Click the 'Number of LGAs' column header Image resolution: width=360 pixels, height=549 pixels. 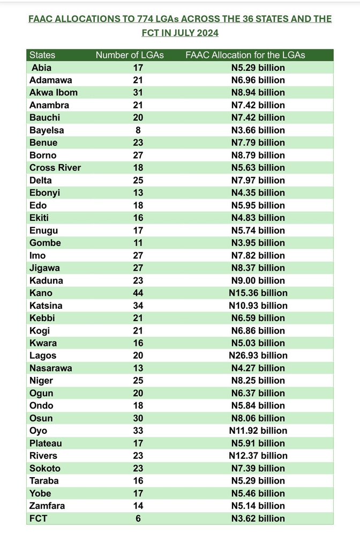click(129, 55)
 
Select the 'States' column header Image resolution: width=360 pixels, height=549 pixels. click(42, 55)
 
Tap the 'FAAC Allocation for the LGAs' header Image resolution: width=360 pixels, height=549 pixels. click(245, 55)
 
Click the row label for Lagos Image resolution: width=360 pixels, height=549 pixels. click(43, 355)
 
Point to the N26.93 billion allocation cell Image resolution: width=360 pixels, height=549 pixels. click(258, 355)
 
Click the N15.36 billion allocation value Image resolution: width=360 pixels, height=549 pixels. click(258, 293)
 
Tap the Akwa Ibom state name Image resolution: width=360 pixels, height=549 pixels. click(54, 92)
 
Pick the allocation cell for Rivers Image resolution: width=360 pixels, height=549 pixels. click(258, 456)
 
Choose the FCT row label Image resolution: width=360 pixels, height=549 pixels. click(39, 518)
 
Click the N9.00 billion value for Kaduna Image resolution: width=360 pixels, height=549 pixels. click(258, 280)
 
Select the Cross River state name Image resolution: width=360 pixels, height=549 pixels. click(56, 167)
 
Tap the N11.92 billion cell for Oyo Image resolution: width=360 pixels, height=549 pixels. click(258, 431)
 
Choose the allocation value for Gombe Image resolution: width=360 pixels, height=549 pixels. click(258, 243)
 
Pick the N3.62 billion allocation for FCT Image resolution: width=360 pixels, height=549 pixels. click(258, 518)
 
